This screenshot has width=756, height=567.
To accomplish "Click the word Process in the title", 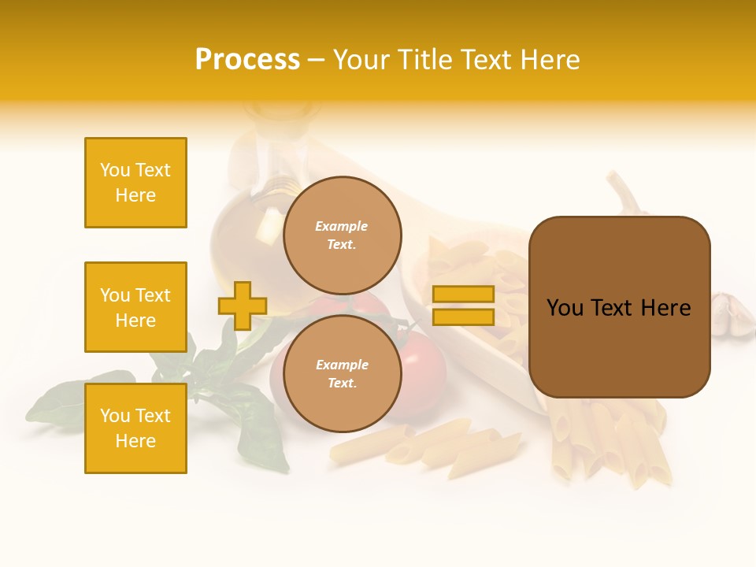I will [247, 60].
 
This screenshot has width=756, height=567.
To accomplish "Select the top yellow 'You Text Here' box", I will [135, 183].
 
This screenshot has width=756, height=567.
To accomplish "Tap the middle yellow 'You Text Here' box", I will [135, 307].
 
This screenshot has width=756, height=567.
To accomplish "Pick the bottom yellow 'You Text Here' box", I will [135, 428].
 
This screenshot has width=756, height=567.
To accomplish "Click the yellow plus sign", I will [243, 306].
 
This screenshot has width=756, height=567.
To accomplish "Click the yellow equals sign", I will [463, 306].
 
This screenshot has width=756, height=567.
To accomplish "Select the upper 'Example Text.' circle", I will [342, 235].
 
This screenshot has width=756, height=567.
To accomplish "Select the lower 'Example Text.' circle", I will [342, 374].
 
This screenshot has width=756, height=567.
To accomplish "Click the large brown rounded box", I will [619, 307].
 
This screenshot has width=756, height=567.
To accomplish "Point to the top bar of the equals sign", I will [463, 295].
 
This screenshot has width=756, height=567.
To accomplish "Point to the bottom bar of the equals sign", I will [463, 317].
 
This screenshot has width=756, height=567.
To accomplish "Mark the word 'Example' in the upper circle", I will [342, 226].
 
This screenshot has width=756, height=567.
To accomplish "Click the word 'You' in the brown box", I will [565, 308].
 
